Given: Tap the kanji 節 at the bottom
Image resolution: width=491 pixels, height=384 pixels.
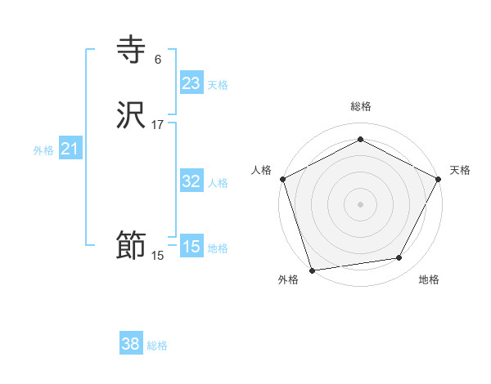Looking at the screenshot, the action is click(131, 246).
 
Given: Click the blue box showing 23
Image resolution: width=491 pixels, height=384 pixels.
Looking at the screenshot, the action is click(191, 83).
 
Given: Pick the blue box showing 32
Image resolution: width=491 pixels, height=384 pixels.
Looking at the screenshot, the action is click(191, 181).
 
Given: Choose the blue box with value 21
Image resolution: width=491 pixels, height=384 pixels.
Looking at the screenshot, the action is click(70, 149).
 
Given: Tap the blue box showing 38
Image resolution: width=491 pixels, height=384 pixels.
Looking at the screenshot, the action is click(131, 344).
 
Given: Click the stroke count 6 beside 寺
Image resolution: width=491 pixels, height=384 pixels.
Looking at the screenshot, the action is click(157, 60).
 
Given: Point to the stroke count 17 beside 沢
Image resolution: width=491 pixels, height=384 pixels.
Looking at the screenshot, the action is click(157, 125).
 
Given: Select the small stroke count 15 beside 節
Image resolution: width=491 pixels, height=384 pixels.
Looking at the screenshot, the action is click(157, 256).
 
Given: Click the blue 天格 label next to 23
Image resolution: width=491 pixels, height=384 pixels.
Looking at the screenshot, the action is click(218, 85).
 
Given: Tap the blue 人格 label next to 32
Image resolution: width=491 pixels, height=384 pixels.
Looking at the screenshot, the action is click(218, 183).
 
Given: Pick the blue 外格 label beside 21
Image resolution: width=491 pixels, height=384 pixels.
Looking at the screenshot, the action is click(43, 150).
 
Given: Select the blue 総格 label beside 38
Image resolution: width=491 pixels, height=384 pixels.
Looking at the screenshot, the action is click(157, 346).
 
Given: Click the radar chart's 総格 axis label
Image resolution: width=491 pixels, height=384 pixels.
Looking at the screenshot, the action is click(360, 106).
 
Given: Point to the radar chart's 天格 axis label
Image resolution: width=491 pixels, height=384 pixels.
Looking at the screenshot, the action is click(460, 170).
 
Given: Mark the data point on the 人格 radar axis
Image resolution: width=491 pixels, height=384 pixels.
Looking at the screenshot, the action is click(282, 178).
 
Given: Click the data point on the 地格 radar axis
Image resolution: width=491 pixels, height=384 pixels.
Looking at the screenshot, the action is click(399, 258).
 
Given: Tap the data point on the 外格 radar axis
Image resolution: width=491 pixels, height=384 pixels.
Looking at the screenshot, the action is click(312, 270).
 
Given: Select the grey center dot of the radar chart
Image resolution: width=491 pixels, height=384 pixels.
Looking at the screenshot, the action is click(360, 203).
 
